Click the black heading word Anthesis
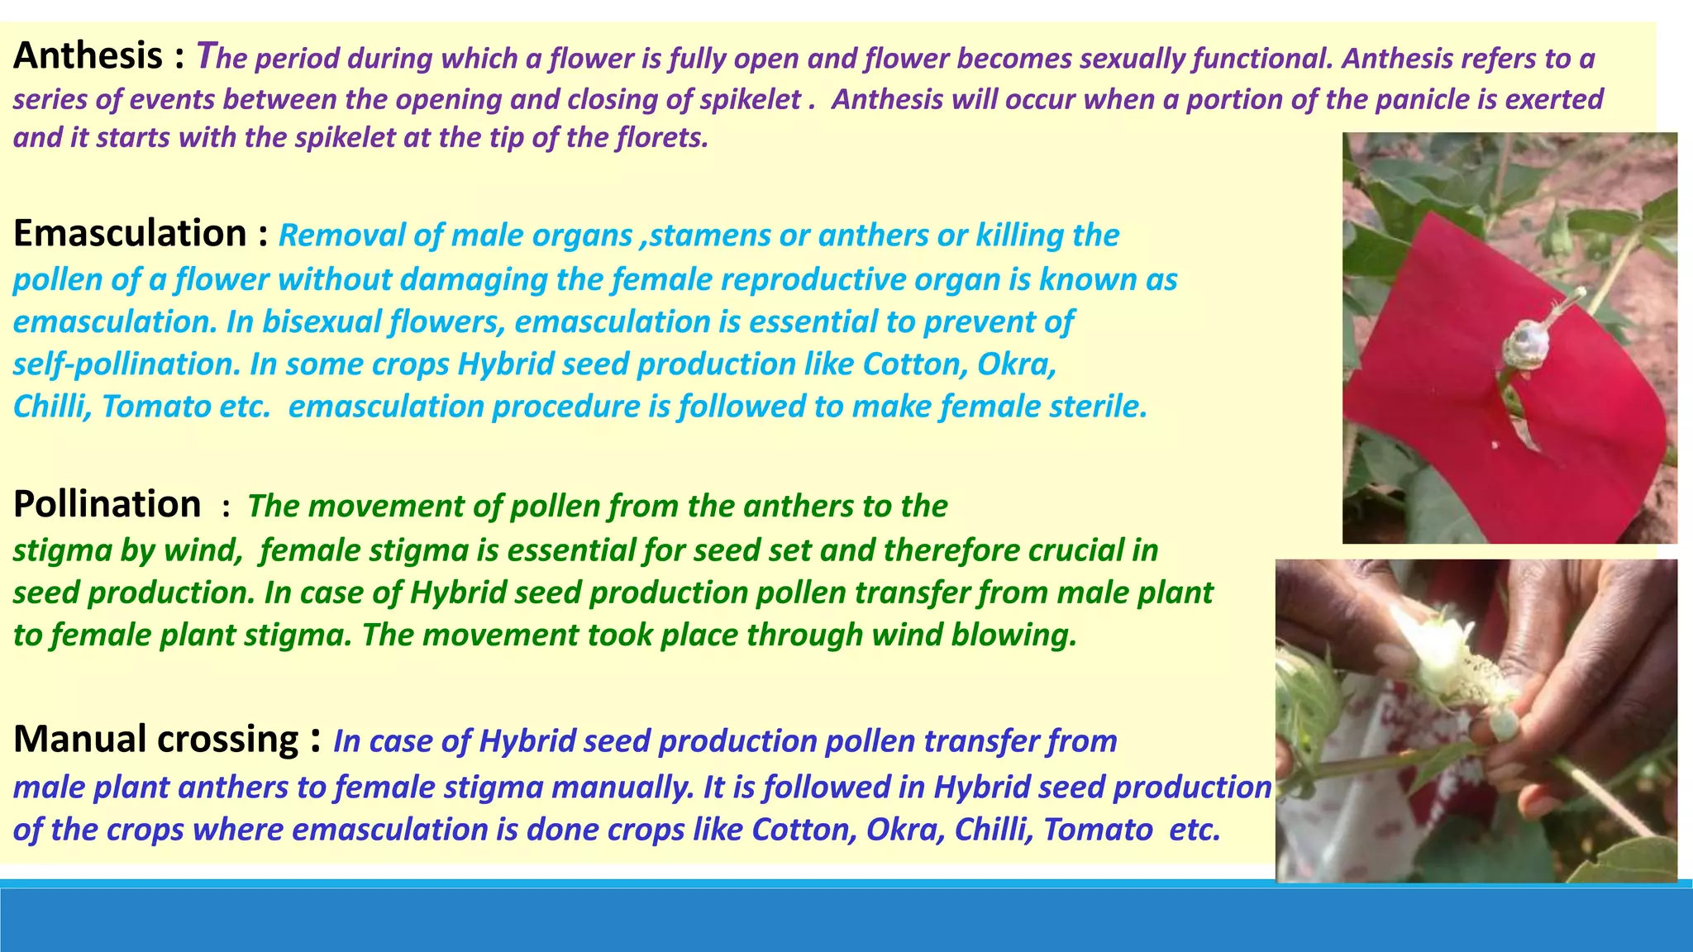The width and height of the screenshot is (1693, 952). (x=88, y=56)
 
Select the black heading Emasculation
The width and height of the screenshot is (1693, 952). (x=130, y=234)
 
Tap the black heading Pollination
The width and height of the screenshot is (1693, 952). (x=107, y=504)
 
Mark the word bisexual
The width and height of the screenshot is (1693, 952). (x=324, y=321)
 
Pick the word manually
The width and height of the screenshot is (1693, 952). (x=622, y=788)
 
